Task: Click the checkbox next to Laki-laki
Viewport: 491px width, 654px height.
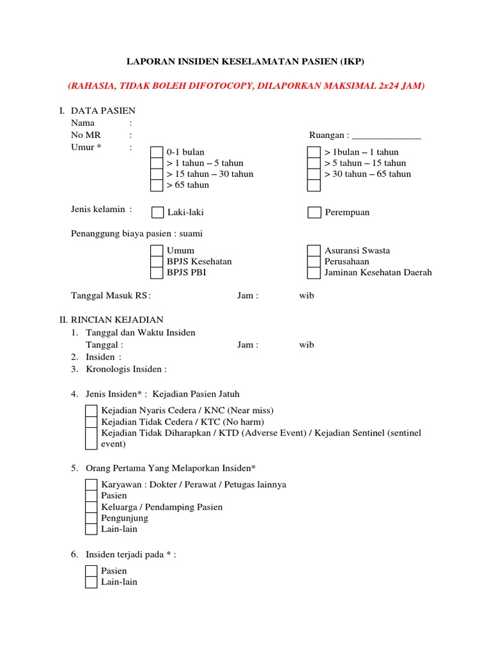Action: coord(157,212)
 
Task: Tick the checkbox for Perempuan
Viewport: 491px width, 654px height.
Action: coord(314,212)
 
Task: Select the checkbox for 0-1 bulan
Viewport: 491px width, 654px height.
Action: coord(157,152)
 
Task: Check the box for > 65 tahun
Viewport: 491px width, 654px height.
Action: coord(157,185)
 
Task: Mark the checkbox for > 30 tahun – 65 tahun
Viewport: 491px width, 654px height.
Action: coord(314,174)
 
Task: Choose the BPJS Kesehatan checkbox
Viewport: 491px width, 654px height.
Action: coord(157,261)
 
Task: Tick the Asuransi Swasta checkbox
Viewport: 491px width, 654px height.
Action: coord(314,250)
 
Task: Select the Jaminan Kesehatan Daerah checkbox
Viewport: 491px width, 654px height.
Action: coord(314,272)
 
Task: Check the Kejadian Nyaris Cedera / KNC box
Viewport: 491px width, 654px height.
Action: coord(91,411)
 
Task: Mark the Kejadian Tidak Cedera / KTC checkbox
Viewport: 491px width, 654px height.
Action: coord(91,422)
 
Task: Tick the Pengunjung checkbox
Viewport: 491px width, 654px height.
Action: coord(91,518)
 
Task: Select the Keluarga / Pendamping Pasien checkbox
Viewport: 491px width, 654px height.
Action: coord(91,506)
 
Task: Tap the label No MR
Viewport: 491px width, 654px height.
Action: coord(86,135)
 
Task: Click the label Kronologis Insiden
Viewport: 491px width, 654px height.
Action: coord(126,369)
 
